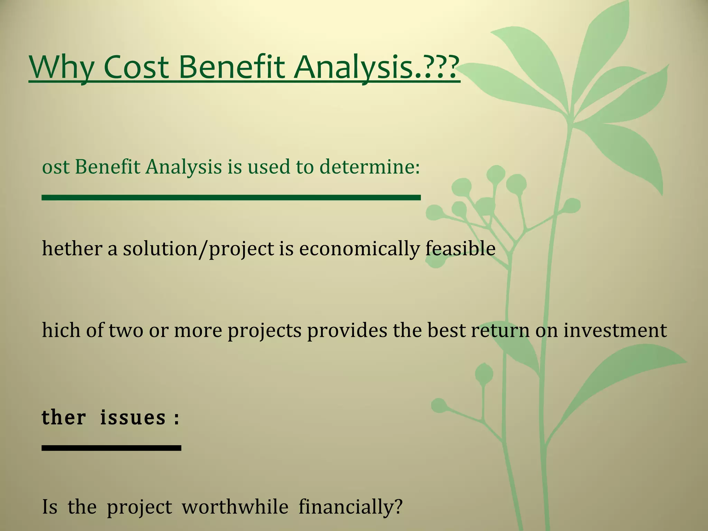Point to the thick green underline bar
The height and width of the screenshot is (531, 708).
[231, 197]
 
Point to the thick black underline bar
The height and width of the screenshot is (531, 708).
[111, 448]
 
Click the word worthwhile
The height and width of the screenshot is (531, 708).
[235, 507]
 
